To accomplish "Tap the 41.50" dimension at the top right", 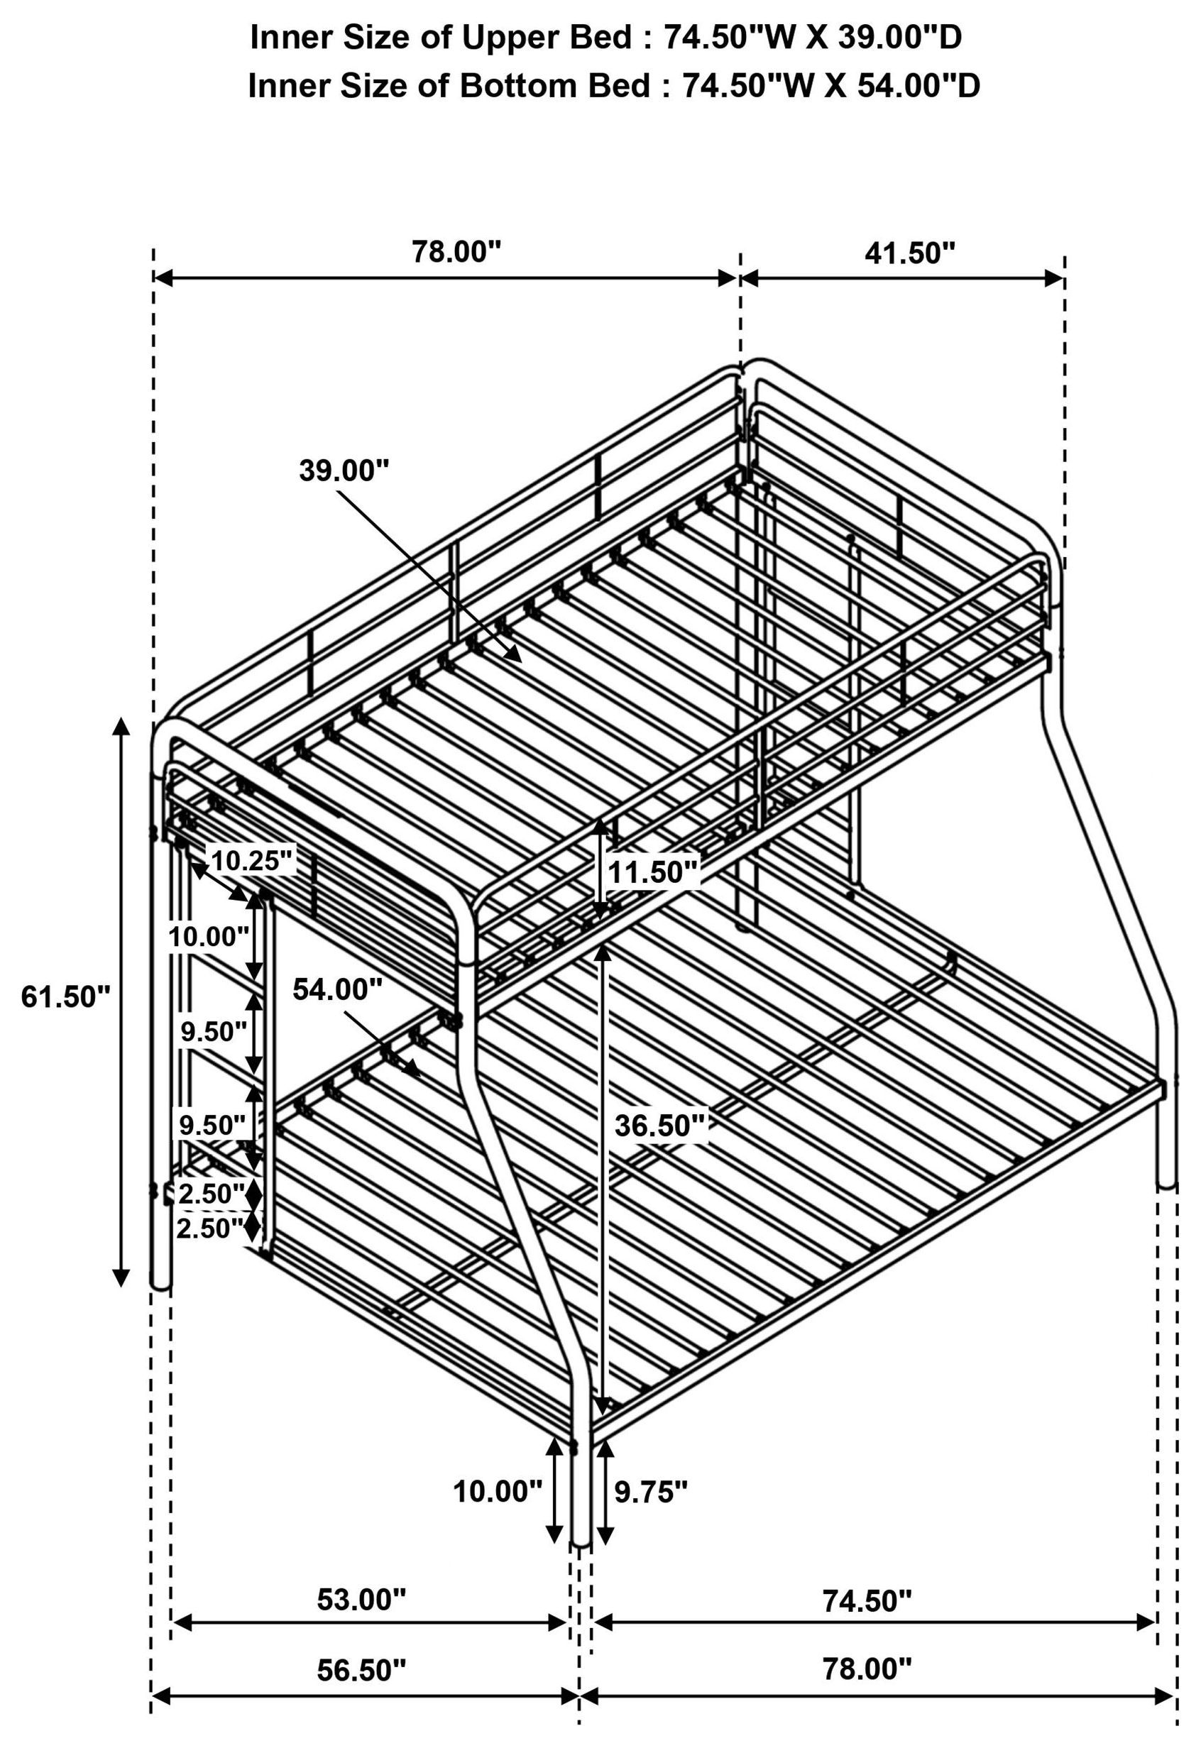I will click(909, 254).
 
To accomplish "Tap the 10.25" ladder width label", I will click(251, 861).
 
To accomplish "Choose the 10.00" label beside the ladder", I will click(209, 938).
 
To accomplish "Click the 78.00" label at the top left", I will click(456, 252).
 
